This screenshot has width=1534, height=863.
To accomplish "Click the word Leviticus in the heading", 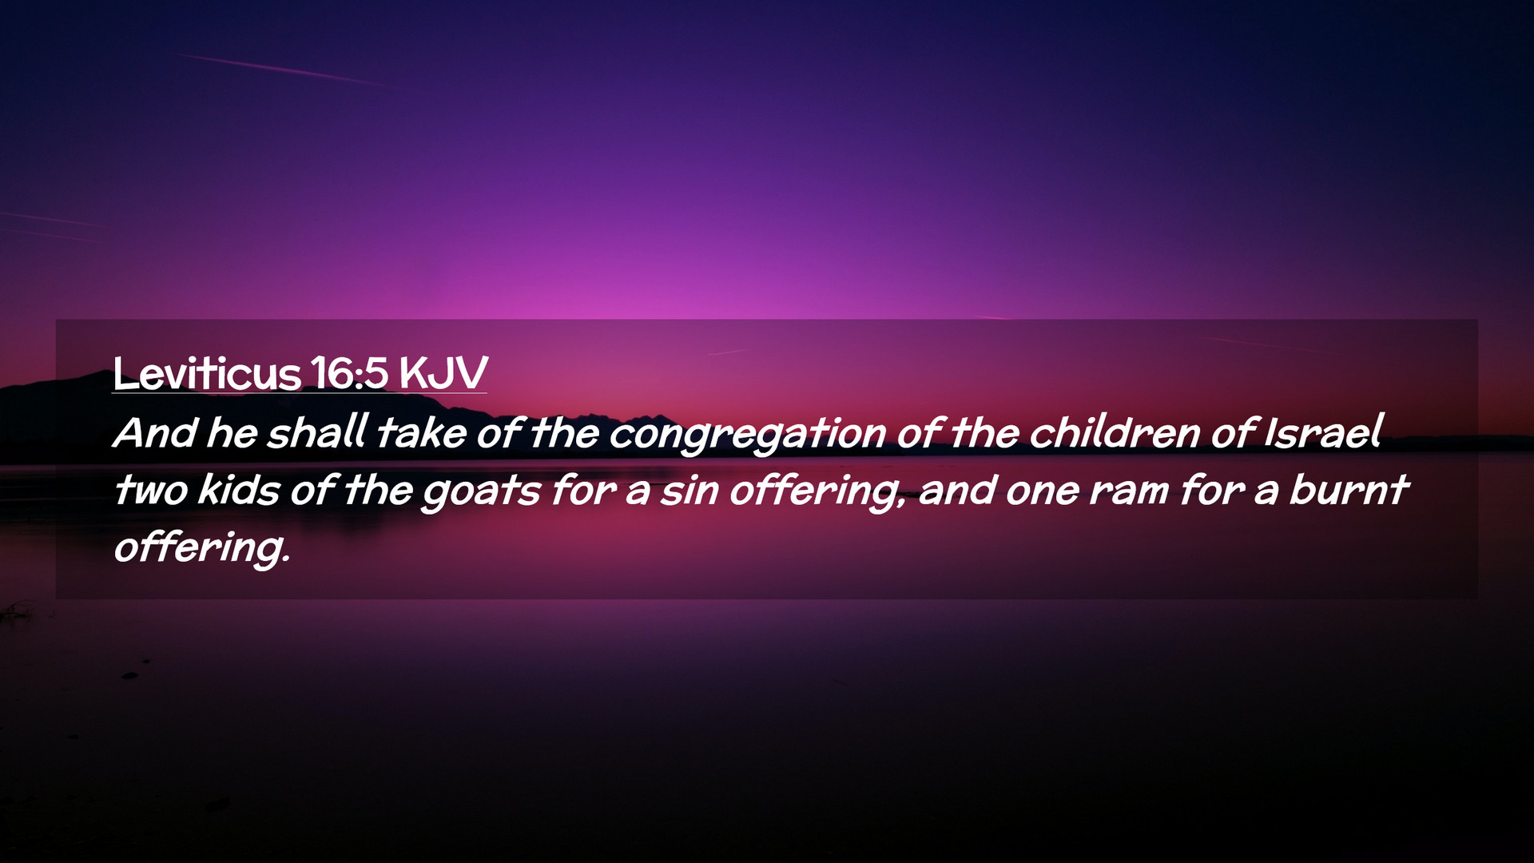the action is (x=206, y=372).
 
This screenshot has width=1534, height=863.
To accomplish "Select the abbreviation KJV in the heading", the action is (x=443, y=372).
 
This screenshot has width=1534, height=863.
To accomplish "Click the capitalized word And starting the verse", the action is (x=155, y=433).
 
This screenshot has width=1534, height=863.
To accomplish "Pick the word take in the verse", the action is (x=421, y=433).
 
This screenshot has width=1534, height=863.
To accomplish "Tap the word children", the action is (x=1114, y=432).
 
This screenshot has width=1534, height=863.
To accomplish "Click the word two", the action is (x=151, y=490).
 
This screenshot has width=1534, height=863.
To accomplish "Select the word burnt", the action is (x=1349, y=489).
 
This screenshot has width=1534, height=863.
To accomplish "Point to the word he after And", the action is (x=232, y=433).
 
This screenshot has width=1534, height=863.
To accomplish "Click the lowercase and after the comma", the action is (x=956, y=489).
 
